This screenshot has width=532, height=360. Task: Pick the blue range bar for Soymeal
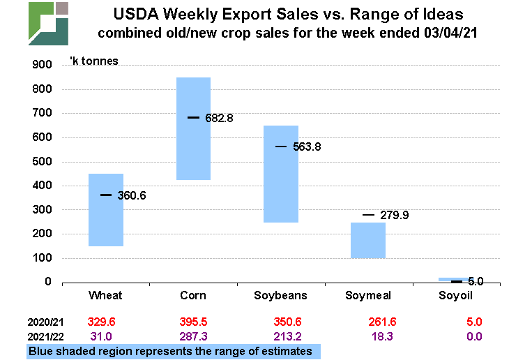pos(367,240)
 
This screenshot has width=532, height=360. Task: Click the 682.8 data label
pos(219,119)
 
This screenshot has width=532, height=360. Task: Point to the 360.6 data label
pos(132,196)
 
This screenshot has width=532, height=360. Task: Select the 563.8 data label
pos(306,147)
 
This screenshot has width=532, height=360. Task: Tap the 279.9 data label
pos(394,216)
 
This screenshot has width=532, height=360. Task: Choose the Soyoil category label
pos(455,295)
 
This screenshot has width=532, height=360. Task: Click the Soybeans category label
pos(280,295)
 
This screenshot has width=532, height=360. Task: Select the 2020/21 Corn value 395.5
pos(193,322)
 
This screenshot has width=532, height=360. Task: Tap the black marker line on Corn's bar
pos(193,117)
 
